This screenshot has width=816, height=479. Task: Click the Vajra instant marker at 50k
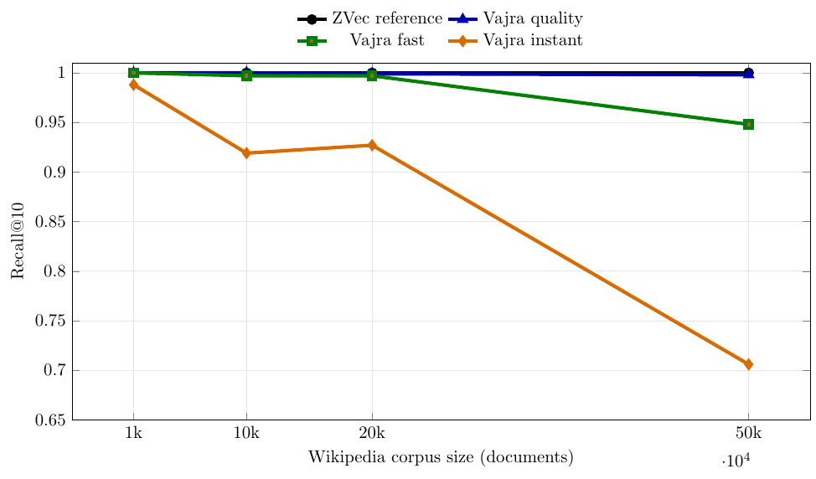coord(748,364)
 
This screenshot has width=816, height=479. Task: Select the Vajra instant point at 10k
coord(246,153)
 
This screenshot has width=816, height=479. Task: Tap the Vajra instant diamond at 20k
coord(372,146)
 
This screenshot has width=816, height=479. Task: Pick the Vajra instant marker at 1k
coord(133,85)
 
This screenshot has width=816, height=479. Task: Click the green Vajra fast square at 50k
coord(748,124)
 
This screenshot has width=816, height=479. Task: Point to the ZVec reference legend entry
coord(386,18)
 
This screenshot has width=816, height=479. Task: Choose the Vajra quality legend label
coord(532,18)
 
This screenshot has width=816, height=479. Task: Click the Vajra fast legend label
coord(387,40)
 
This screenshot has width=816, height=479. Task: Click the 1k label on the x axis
coord(133,434)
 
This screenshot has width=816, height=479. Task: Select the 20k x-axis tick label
coord(372,434)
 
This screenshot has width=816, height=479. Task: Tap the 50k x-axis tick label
coord(748,434)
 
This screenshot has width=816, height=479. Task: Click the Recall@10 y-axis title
coord(18,241)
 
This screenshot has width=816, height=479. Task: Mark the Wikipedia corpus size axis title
coord(441,457)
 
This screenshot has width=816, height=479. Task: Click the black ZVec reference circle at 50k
coord(748,73)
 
